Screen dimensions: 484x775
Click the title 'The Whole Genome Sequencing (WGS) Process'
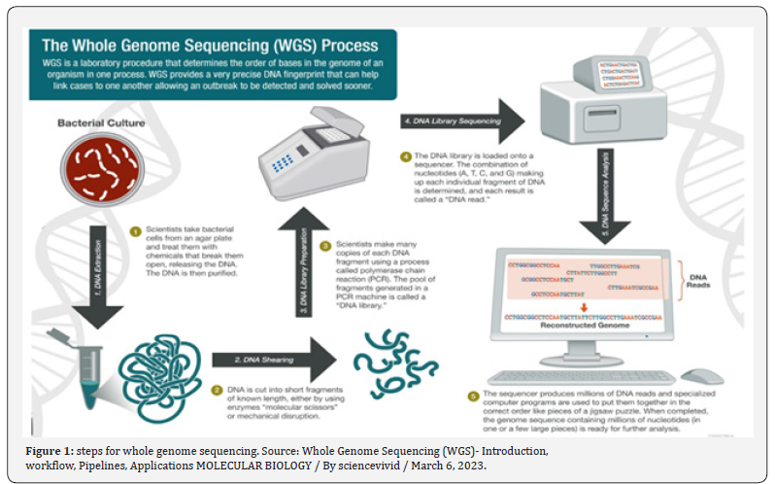coord(210,45)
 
